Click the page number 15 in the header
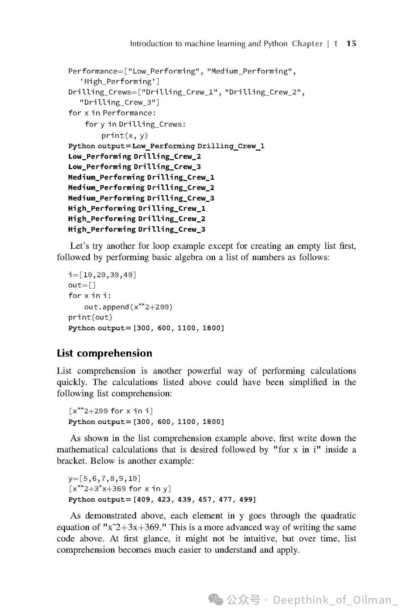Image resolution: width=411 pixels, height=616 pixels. coord(351,44)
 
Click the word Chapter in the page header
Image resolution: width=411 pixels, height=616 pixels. coord(307,44)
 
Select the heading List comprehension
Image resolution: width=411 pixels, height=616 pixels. coord(104,353)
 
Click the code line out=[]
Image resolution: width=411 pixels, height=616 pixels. coord(82,285)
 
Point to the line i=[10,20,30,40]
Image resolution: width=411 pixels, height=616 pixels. coord(102,275)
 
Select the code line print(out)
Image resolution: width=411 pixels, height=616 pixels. coord(90,317)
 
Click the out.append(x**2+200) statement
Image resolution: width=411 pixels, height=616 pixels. coord(128,307)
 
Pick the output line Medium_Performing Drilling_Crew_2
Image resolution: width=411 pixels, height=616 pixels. coord(141,187)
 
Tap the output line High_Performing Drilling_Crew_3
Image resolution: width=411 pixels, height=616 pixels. coord(136,229)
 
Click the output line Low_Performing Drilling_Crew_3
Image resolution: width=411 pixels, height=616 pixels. coord(134,167)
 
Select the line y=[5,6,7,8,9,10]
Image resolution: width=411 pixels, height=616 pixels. coord(104,478)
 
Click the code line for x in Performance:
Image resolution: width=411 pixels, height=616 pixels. coord(112,113)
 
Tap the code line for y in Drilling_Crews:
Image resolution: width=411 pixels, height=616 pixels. coord(135,124)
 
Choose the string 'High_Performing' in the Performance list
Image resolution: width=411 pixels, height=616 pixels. coord(119,81)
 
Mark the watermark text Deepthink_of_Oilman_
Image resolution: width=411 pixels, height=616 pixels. coord(335,600)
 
